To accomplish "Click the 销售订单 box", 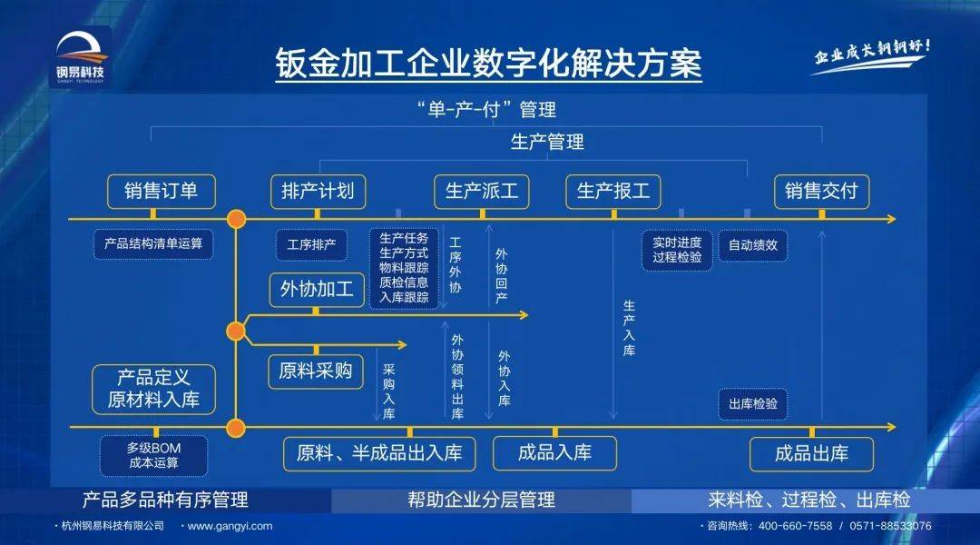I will tap(161, 192).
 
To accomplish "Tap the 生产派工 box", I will tap(482, 192).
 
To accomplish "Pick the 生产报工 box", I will tap(613, 192).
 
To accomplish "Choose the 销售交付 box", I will tap(821, 192).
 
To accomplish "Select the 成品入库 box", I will tap(554, 452).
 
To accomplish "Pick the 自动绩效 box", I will tap(753, 244).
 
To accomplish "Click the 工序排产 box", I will tap(312, 244).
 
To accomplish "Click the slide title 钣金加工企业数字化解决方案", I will tap(489, 64).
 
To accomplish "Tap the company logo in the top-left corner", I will tap(80, 56).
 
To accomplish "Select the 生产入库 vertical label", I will tap(629, 329).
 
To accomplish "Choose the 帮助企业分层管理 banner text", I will tap(481, 500).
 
